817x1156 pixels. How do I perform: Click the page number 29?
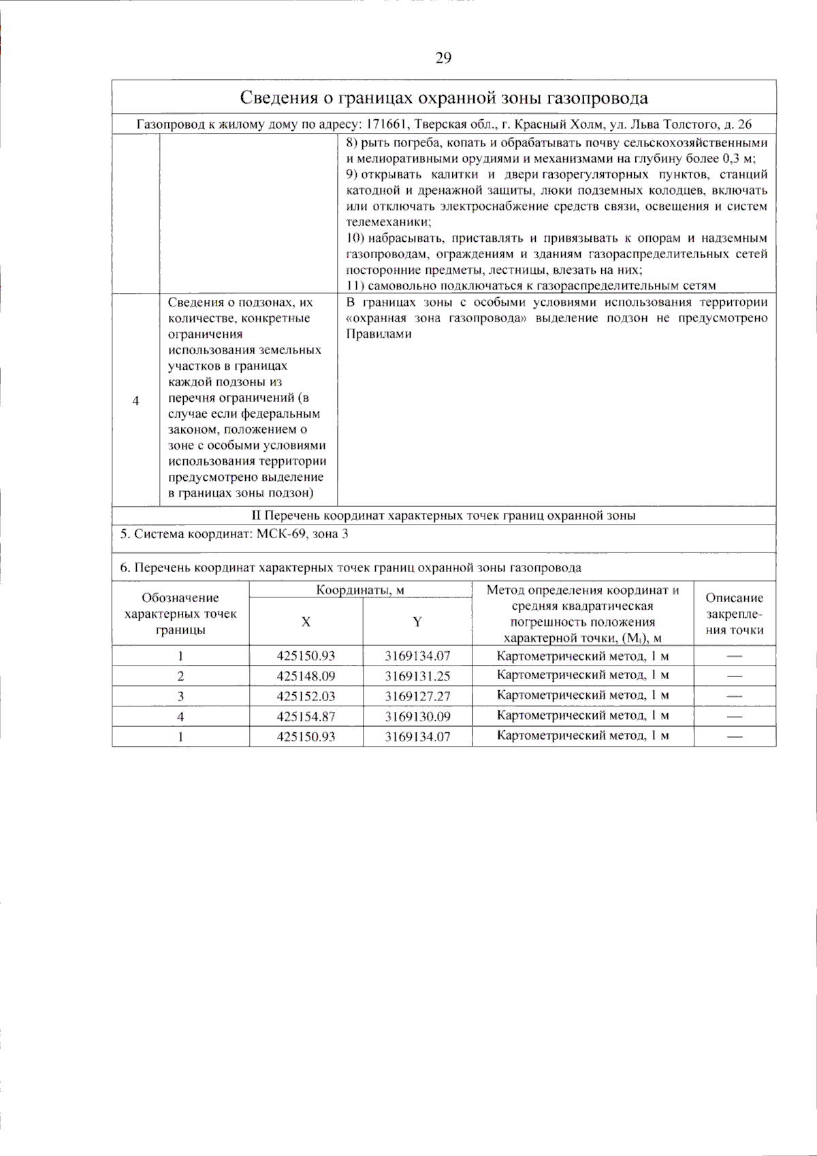pyautogui.click(x=443, y=58)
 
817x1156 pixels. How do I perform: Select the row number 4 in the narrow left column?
pyautogui.click(x=135, y=401)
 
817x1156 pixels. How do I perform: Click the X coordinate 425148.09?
pyautogui.click(x=306, y=676)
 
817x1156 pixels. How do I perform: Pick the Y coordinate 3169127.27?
pyautogui.click(x=417, y=697)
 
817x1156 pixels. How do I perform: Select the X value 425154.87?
pyautogui.click(x=306, y=717)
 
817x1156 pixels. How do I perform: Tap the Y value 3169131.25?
pyautogui.click(x=417, y=676)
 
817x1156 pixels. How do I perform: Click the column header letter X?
pyautogui.click(x=306, y=621)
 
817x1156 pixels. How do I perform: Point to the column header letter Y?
pyautogui.click(x=417, y=621)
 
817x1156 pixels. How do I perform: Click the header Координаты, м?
pyautogui.click(x=360, y=590)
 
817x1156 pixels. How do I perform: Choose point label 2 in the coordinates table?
pyautogui.click(x=180, y=676)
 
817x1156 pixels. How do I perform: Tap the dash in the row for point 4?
pyautogui.click(x=734, y=717)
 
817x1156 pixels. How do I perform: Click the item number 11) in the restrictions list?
pyautogui.click(x=355, y=286)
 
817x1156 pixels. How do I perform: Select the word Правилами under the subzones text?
pyautogui.click(x=379, y=334)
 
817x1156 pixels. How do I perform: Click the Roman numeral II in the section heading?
pyautogui.click(x=256, y=516)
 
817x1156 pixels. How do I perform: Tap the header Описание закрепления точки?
pyautogui.click(x=734, y=614)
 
